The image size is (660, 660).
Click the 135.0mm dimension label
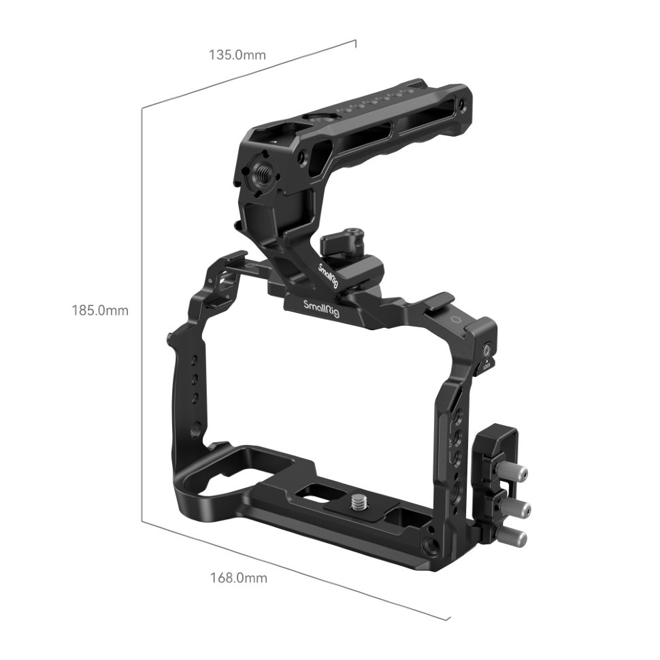pos(237,54)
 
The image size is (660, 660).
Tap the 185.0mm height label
pos(100,311)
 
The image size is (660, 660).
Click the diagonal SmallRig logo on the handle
pos(328,275)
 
